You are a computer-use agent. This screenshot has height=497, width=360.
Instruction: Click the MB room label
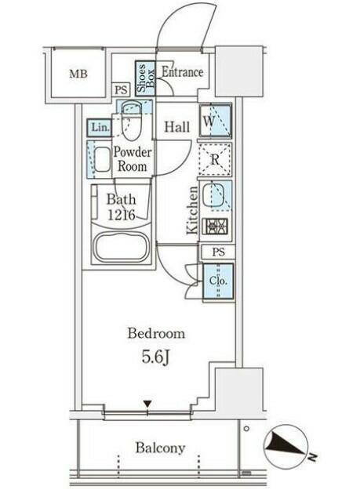pos(78,74)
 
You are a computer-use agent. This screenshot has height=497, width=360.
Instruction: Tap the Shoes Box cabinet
pos(145,78)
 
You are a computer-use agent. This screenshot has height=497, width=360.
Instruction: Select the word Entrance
pos(183,72)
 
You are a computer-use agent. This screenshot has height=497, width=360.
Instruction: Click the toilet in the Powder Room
pos(131,121)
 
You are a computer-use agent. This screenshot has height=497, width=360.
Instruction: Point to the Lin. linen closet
pos(100,128)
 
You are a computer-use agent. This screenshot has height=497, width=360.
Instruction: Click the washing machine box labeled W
pos(216,121)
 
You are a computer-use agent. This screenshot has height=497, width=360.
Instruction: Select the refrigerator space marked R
pos(215,159)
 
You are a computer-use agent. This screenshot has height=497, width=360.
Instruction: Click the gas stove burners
pos(216,227)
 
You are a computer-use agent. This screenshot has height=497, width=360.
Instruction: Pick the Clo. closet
pos(218,281)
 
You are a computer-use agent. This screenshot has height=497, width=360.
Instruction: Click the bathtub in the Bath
pos(122,246)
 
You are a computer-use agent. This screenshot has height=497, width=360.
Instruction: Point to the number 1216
pos(122,216)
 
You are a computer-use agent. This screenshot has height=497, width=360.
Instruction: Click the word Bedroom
pos(156,334)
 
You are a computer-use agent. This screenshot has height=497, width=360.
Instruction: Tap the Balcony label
pos(160,448)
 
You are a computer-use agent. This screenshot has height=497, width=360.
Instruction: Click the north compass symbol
pos(286,446)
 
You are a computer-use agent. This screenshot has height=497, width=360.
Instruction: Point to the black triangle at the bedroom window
pos(147,404)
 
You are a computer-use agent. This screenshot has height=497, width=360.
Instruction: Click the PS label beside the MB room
pos(121,90)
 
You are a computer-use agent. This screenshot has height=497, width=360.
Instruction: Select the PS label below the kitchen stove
pos(219,252)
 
